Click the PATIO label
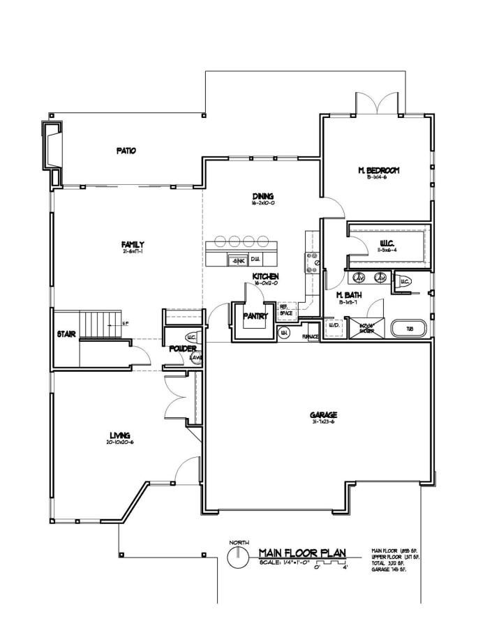(x=126, y=150)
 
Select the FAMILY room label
(x=133, y=244)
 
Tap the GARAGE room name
(x=323, y=415)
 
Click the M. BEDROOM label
(x=378, y=170)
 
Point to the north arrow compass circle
(x=238, y=556)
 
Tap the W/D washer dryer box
(x=334, y=327)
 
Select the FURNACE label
(x=311, y=337)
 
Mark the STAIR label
(x=67, y=334)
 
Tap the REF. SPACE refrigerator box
(x=286, y=311)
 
